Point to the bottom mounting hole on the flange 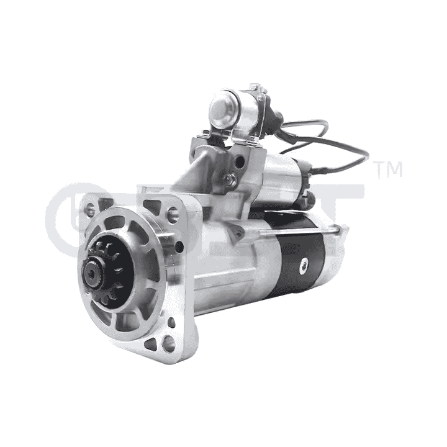pyautogui.click(x=168, y=341)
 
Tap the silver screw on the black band pyautogui.click(x=304, y=266)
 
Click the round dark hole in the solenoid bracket pyautogui.click(x=240, y=162)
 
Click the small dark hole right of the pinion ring pyautogui.click(x=179, y=248)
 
